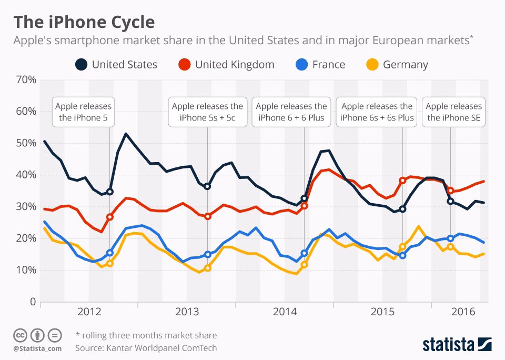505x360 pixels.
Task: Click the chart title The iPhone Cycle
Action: coord(84,22)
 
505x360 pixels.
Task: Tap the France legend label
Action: coord(328,65)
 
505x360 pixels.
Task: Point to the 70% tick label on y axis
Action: coord(25,80)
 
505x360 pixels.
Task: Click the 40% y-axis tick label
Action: coord(25,175)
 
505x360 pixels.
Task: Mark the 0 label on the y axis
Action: coord(32,302)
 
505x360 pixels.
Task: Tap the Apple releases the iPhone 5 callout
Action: coord(83,112)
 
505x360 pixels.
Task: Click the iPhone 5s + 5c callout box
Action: coord(207,112)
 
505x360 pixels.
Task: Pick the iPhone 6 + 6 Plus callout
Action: coord(291,112)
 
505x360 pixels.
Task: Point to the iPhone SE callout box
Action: coord(453,112)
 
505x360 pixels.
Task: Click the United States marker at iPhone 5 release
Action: coord(109,192)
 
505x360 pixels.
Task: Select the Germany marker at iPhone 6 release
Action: coord(304,265)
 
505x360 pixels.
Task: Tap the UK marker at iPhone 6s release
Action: coord(403,180)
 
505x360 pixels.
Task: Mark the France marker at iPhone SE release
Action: coord(450,238)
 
